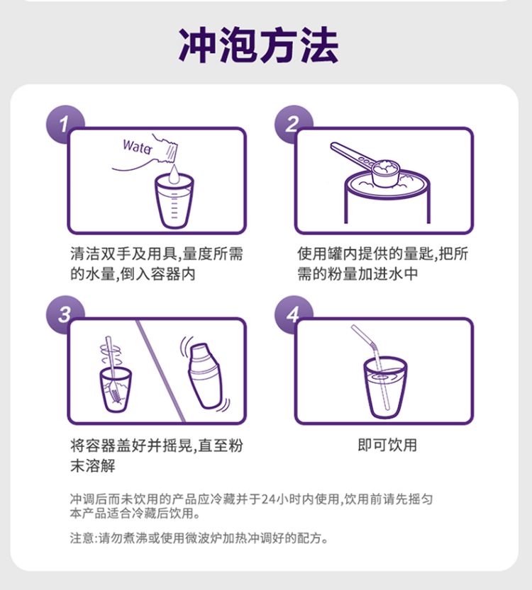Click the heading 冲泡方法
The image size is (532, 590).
pos(258,45)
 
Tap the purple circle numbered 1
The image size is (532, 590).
pos(64,124)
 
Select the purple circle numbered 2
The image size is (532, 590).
pos(293,124)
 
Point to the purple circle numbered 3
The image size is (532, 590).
pos(64,314)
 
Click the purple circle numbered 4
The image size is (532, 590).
pos(293,314)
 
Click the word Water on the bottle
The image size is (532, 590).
pos(138,146)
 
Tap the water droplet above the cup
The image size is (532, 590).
pos(174,174)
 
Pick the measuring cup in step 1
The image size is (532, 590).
pos(174,201)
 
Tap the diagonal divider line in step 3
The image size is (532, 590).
pos(160,370)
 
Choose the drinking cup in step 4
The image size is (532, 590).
pos(385,387)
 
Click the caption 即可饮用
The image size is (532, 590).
pos(387,445)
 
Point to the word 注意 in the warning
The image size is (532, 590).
pos(82,538)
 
